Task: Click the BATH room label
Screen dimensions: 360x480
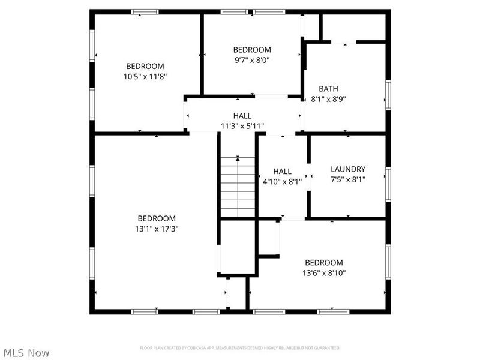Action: click(328, 89)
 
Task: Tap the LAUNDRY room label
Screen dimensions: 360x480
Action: click(347, 169)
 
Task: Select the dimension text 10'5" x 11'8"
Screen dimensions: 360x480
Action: click(145, 76)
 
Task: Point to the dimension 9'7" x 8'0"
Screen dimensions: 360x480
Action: click(251, 60)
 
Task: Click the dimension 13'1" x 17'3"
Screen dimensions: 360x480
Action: click(157, 229)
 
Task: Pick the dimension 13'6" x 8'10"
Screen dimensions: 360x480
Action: click(324, 273)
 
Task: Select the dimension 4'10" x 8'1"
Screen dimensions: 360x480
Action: click(282, 182)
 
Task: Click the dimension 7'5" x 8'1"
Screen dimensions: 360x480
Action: click(347, 179)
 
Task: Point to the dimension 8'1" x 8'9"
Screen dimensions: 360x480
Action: click(328, 99)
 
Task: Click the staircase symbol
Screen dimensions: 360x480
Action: click(238, 186)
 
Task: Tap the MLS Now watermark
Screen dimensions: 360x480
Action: click(26, 353)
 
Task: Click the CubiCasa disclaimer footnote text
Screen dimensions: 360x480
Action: click(240, 348)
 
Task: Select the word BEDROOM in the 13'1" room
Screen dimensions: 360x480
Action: click(157, 218)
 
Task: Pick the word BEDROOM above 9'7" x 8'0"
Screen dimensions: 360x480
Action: click(251, 50)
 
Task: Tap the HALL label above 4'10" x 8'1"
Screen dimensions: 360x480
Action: click(282, 172)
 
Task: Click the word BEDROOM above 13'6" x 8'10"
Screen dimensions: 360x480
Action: click(324, 263)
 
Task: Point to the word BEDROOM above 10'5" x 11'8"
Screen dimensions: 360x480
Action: click(145, 66)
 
